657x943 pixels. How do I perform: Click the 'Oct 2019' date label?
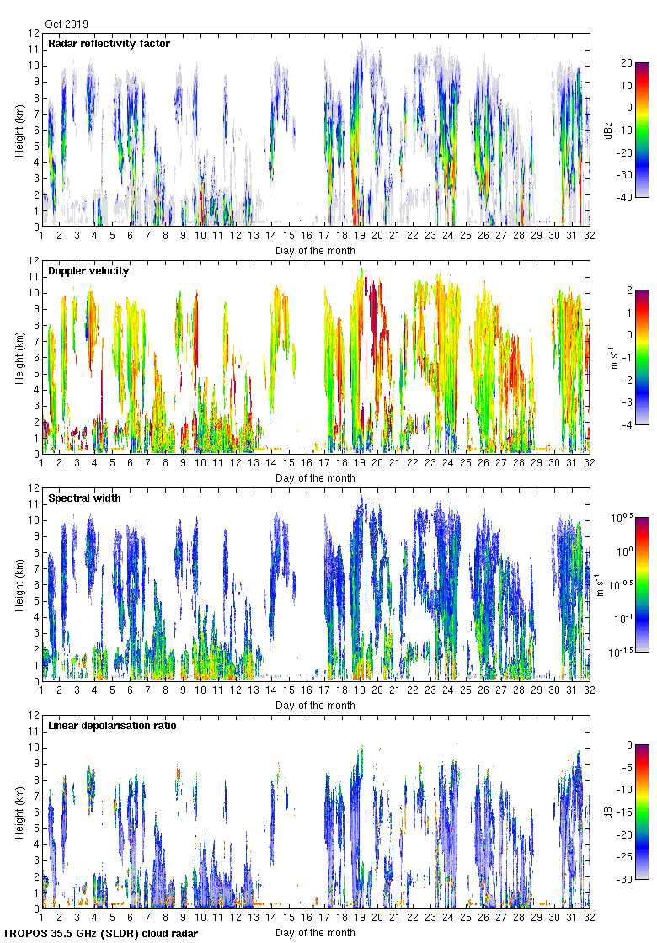pos(66,24)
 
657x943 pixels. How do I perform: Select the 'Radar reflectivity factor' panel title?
pos(109,44)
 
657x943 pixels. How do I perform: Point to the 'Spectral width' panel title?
pos(84,498)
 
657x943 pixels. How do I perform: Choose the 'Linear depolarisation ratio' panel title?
pos(112,726)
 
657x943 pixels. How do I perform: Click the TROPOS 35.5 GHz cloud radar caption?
pos(101,934)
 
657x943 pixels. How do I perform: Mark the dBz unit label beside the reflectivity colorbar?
pos(608,130)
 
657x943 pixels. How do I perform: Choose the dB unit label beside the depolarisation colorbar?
pos(608,812)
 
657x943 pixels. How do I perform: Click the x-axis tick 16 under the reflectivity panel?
pos(307,236)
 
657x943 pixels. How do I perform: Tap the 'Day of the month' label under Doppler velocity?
pos(315,478)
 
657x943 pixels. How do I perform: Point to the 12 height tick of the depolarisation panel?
pos(34,715)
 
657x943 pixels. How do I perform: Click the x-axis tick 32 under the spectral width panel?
pos(590,690)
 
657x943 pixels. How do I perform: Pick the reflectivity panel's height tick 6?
pos(36,130)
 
